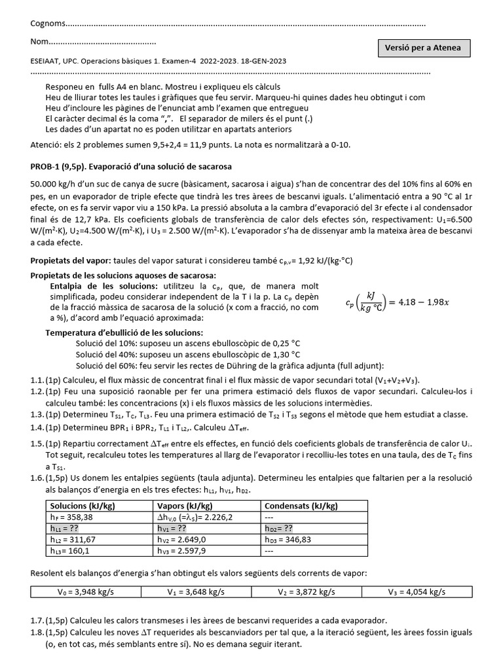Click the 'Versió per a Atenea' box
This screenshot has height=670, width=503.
[423, 48]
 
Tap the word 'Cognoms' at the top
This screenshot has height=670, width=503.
[48, 24]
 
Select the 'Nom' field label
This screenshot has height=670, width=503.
[39, 43]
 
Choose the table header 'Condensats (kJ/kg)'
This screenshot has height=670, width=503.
[301, 506]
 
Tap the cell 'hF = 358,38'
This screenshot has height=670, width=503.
[72, 516]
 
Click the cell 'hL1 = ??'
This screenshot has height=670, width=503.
[65, 527]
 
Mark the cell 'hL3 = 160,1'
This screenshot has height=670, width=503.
[69, 550]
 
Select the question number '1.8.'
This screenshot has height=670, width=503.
[37, 633]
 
